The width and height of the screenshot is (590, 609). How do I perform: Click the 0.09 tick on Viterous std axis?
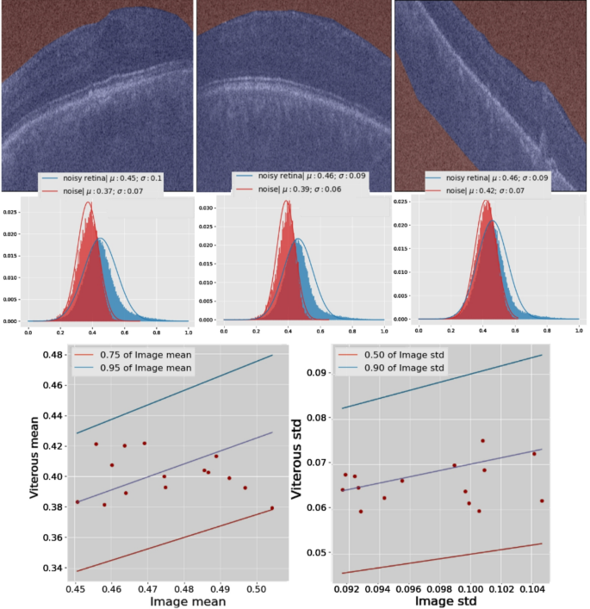coord(320,373)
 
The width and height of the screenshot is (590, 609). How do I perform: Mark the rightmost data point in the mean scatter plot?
coord(272,508)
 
